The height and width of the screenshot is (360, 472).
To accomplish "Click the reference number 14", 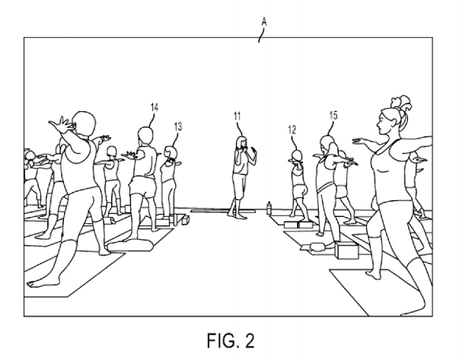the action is pyautogui.click(x=155, y=107).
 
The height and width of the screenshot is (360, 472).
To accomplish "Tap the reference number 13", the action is pyautogui.click(x=178, y=126).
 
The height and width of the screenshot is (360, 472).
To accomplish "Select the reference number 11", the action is pyautogui.click(x=238, y=116).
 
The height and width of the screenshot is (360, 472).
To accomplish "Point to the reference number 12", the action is pyautogui.click(x=292, y=130).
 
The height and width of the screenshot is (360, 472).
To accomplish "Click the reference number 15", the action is pyautogui.click(x=333, y=115).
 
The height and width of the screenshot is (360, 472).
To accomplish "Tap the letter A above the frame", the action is pyautogui.click(x=264, y=22).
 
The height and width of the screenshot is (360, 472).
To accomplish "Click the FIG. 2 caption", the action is pyautogui.click(x=231, y=340).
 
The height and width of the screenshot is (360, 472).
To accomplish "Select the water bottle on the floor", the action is pyautogui.click(x=269, y=208).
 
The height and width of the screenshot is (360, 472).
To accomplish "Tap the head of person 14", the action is pyautogui.click(x=145, y=135).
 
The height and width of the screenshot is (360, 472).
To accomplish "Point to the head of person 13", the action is pyautogui.click(x=171, y=152).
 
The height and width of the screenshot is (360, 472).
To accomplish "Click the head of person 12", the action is pyautogui.click(x=297, y=156).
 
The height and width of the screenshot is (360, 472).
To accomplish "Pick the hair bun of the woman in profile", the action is pyautogui.click(x=402, y=104).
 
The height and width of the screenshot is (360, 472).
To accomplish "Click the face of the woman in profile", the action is pyautogui.click(x=383, y=123).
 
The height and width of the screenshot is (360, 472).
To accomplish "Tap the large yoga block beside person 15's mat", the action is pyautogui.click(x=346, y=251).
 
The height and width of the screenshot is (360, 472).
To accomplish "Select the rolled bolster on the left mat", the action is pyautogui.click(x=131, y=245).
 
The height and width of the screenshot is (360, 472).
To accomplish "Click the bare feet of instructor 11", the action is pyautogui.click(x=238, y=215).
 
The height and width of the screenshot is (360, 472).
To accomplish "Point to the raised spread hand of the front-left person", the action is pyautogui.click(x=61, y=124).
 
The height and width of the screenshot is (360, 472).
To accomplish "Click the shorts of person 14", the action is pyautogui.click(x=143, y=186).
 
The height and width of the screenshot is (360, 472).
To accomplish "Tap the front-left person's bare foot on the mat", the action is pyautogui.click(x=38, y=283).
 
